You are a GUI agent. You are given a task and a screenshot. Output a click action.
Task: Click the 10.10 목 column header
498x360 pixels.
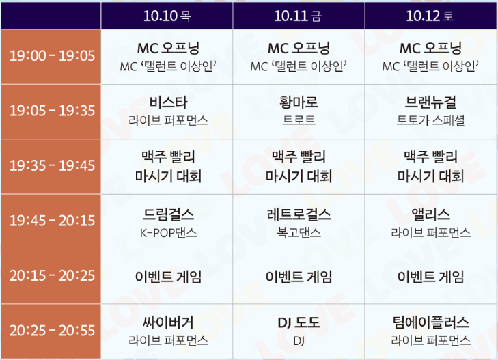click(x=167, y=15)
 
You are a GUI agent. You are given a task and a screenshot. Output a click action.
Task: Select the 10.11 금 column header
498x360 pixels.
click(x=299, y=15)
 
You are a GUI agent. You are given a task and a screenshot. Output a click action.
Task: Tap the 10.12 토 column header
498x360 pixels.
click(x=430, y=15)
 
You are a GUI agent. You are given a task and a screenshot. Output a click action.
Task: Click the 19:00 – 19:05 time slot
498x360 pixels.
click(x=52, y=55)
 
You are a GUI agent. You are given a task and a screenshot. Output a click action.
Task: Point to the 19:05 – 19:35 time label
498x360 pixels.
click(x=52, y=111)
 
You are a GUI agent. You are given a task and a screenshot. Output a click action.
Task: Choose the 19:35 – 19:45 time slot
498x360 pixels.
click(x=52, y=166)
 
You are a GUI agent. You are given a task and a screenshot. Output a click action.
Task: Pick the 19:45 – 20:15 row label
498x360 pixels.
click(x=52, y=221)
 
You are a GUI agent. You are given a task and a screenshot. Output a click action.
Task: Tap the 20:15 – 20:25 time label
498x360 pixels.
click(x=52, y=277)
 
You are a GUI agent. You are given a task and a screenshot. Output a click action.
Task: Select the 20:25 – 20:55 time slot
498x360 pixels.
click(x=52, y=331)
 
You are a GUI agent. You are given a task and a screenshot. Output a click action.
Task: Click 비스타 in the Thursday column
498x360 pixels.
click(x=168, y=103)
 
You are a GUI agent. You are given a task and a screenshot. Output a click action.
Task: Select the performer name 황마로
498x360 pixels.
click(x=299, y=103)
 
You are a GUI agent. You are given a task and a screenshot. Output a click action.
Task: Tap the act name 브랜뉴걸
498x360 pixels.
click(x=430, y=103)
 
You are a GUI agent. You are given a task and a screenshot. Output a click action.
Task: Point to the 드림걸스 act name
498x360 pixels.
click(x=168, y=214)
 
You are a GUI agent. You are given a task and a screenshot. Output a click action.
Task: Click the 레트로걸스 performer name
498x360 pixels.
click(x=299, y=214)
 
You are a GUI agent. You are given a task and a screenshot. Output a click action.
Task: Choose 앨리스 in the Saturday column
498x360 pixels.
click(x=430, y=214)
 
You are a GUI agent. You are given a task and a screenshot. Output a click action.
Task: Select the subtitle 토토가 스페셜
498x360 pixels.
click(x=430, y=121)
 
